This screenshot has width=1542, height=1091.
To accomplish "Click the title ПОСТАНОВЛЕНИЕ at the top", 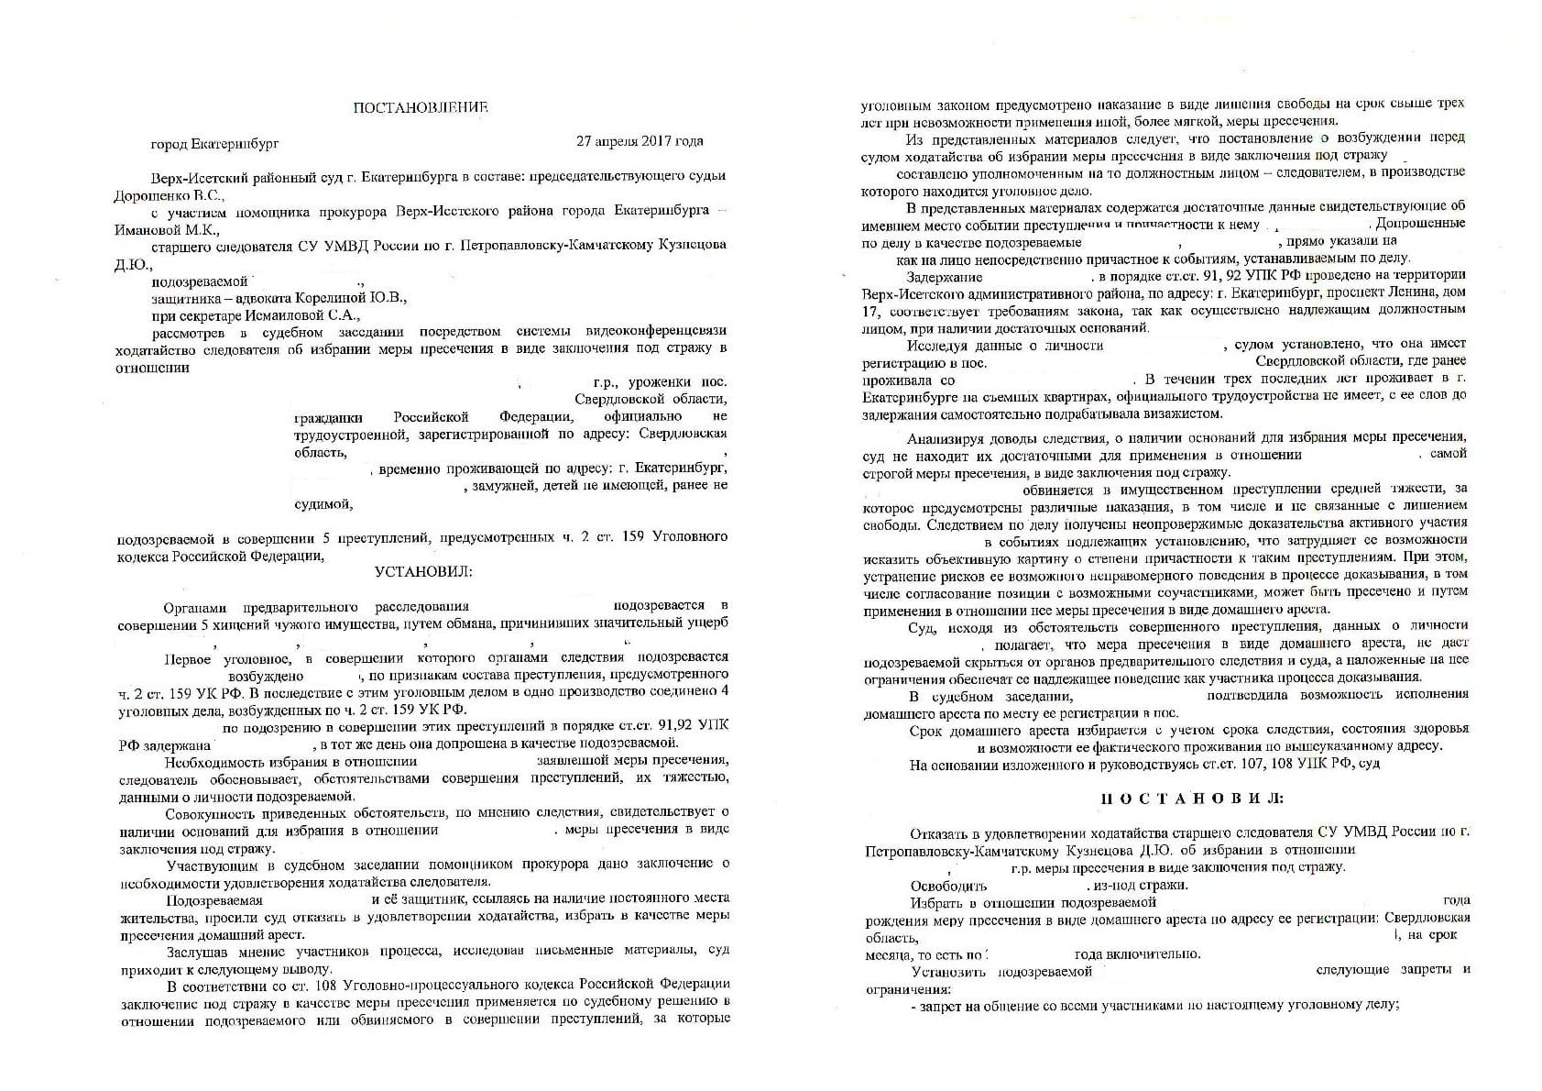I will tap(421, 108).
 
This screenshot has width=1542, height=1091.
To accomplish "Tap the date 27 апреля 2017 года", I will tap(640, 142).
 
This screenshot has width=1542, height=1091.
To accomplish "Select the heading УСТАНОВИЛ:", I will tap(423, 572).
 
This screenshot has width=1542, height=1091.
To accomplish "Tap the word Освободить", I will tap(947, 886).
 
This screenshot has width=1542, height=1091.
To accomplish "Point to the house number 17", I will tap(870, 312).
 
